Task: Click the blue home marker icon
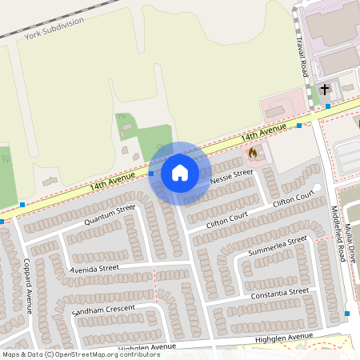coord(179,173)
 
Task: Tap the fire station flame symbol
coord(253,152)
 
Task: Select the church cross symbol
coord(325,90)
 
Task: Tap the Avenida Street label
coord(94,269)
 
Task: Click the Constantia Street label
coord(279,295)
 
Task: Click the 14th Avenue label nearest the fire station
coord(263,130)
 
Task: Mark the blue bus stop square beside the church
coord(327,106)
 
